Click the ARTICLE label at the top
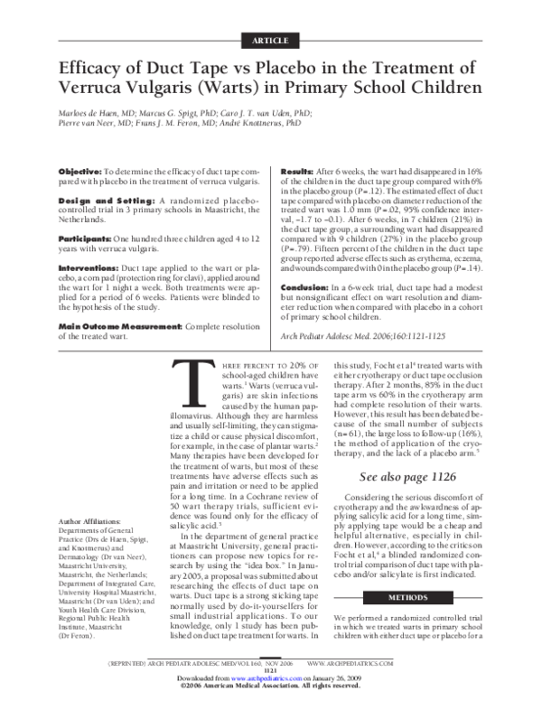pos(270,42)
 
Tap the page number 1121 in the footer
pos(270,671)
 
